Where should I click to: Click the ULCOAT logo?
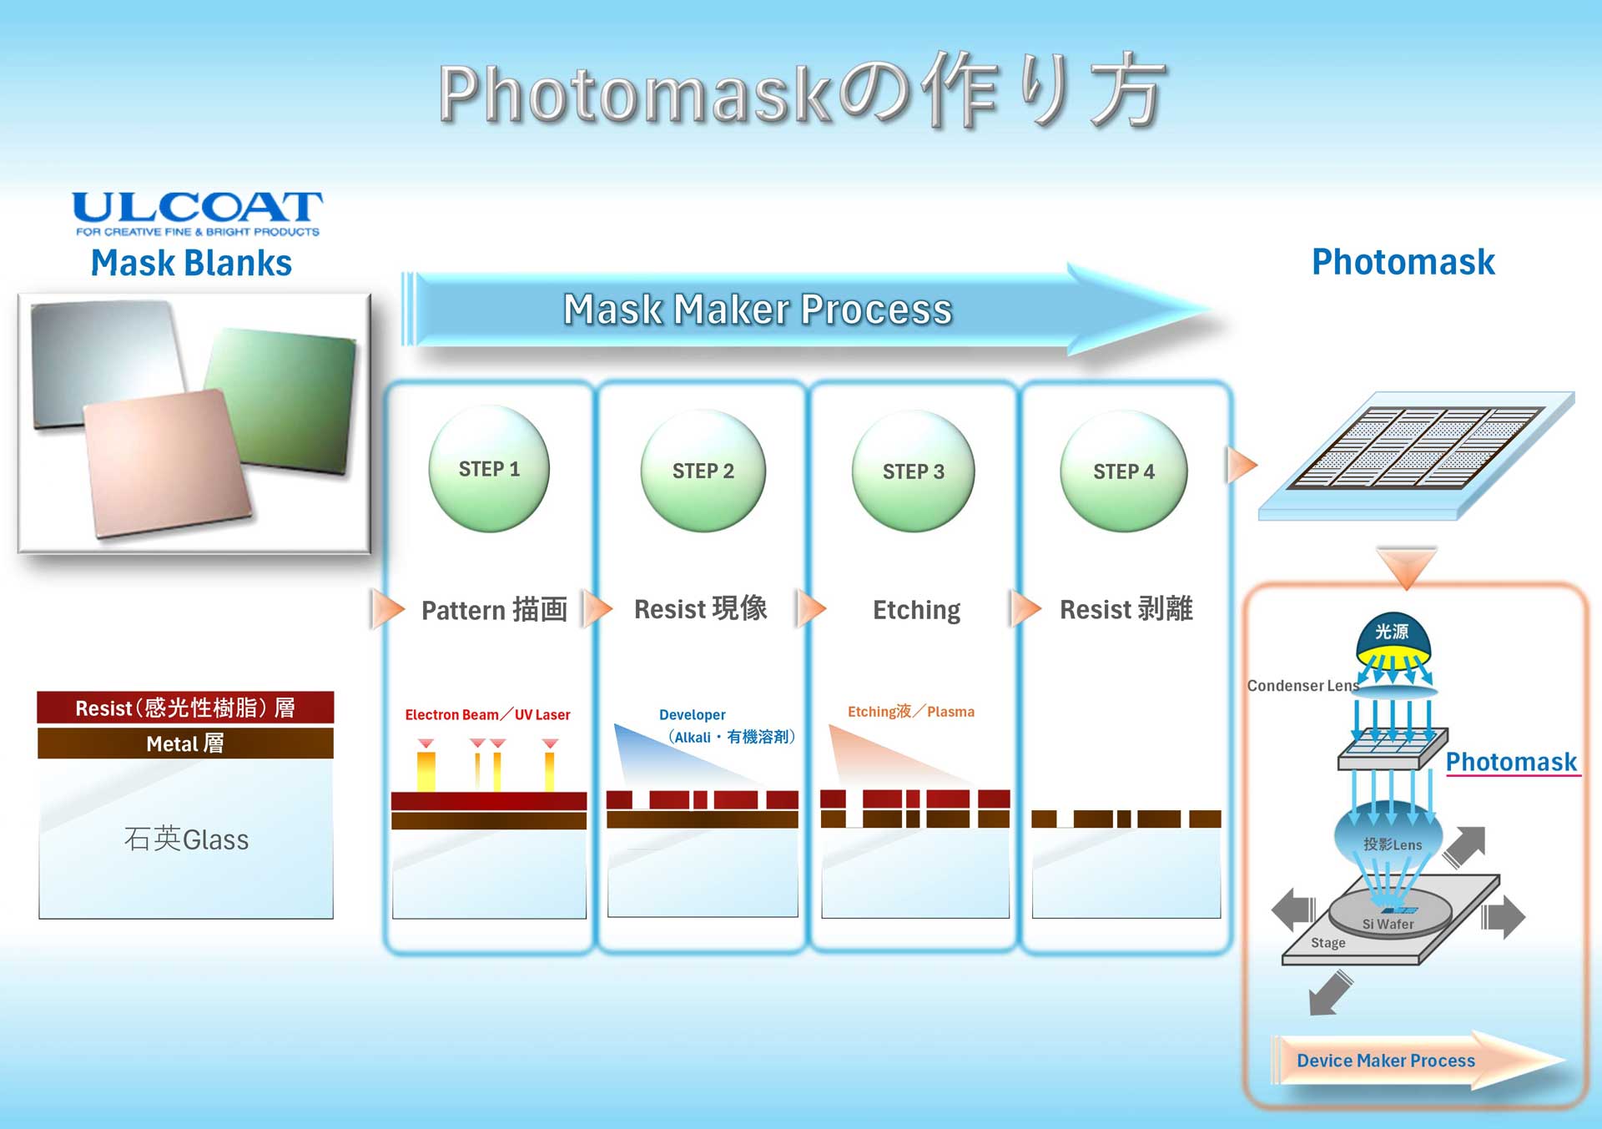[x=197, y=214]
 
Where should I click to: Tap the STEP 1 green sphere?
[x=489, y=468]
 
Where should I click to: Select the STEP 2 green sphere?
[x=703, y=471]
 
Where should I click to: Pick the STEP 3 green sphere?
[x=914, y=471]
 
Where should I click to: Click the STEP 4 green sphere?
[x=1124, y=471]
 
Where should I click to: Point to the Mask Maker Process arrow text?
[x=758, y=310]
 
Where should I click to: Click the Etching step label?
[x=916, y=610]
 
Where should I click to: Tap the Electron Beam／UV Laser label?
[x=487, y=714]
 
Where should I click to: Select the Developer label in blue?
[x=693, y=714]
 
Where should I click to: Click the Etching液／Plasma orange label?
[x=911, y=711]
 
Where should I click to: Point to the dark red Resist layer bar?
[x=185, y=707]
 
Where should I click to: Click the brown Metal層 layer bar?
[x=185, y=743]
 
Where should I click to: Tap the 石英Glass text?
[x=186, y=839]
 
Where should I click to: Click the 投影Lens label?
[x=1393, y=844]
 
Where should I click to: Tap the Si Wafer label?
[x=1388, y=924]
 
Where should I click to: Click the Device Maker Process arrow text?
[x=1385, y=1061]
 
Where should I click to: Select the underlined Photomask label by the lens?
[x=1511, y=762]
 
